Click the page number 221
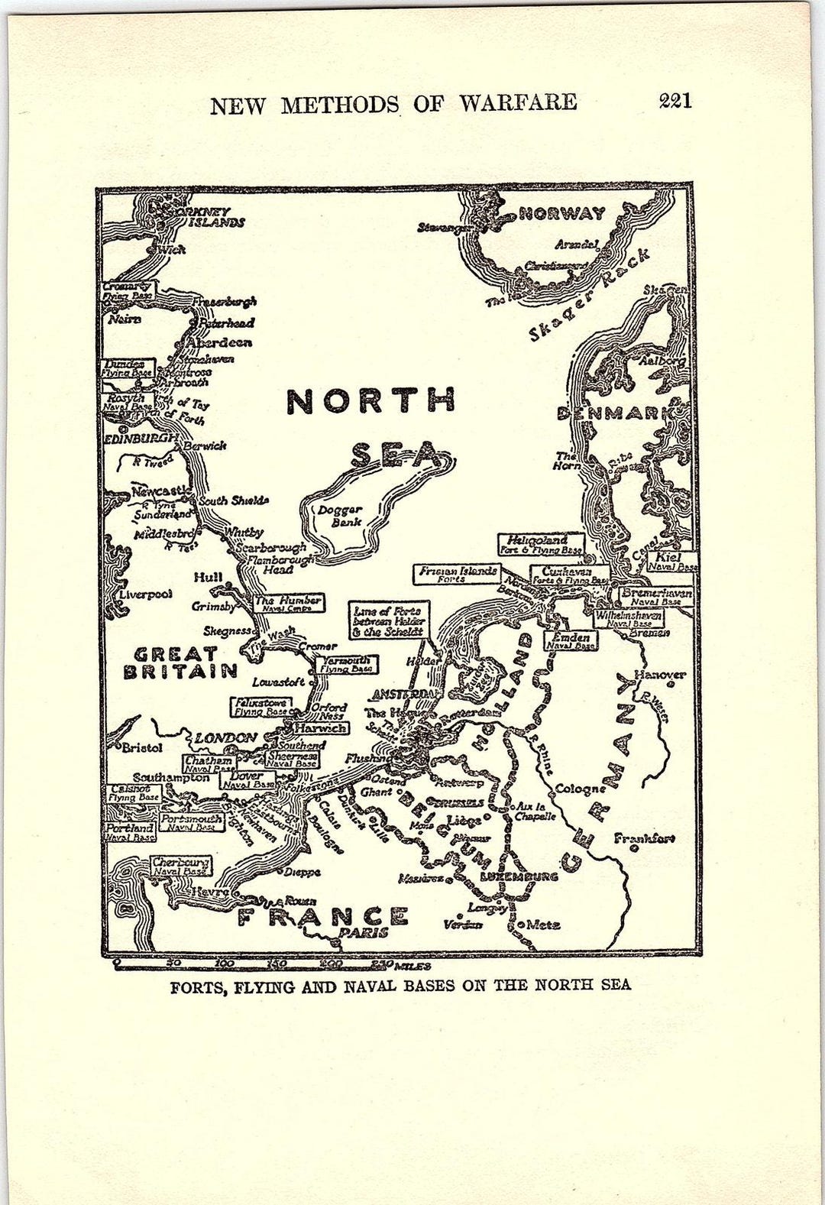(675, 101)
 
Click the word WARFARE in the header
(518, 103)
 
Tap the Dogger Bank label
(347, 516)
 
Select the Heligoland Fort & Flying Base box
(542, 544)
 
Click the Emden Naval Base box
(570, 641)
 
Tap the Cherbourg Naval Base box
(180, 866)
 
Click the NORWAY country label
(561, 214)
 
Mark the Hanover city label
(659, 675)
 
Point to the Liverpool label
(145, 594)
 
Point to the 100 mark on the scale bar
(225, 964)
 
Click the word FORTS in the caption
(197, 986)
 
